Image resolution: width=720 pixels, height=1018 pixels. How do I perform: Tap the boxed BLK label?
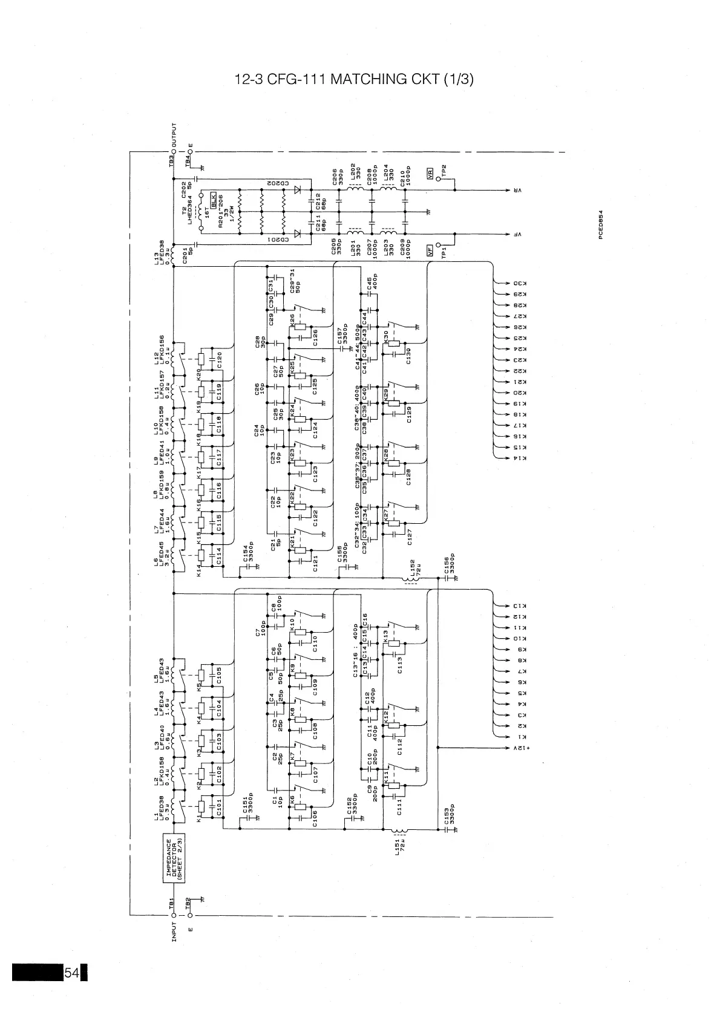[x=214, y=197]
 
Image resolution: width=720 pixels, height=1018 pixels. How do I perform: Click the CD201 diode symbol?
[x=298, y=233]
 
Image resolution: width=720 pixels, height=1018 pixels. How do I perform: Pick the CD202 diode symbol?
[x=298, y=189]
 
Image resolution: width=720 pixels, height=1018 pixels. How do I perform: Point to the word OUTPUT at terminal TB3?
[x=175, y=136]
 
